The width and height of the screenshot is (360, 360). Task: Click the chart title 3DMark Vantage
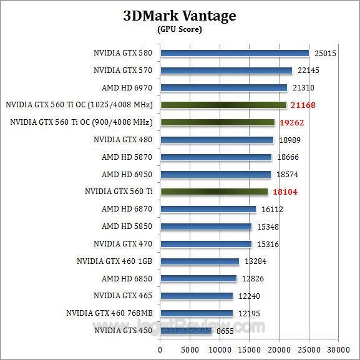(x=179, y=16)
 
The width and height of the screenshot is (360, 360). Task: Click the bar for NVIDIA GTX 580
(x=235, y=53)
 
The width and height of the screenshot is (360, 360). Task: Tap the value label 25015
(x=325, y=54)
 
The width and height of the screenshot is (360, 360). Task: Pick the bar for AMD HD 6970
(x=223, y=88)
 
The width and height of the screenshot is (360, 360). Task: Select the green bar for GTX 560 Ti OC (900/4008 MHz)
(x=217, y=122)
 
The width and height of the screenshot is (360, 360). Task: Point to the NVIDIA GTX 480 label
(x=123, y=140)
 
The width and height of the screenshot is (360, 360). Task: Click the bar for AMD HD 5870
(x=216, y=157)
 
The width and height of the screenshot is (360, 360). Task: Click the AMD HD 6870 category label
(x=127, y=209)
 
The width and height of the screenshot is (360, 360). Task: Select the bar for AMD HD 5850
(x=206, y=226)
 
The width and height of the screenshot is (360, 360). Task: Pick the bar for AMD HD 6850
(x=198, y=278)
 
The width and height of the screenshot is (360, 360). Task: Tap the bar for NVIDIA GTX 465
(x=197, y=296)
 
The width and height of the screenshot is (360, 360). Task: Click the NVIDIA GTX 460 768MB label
(x=109, y=313)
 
